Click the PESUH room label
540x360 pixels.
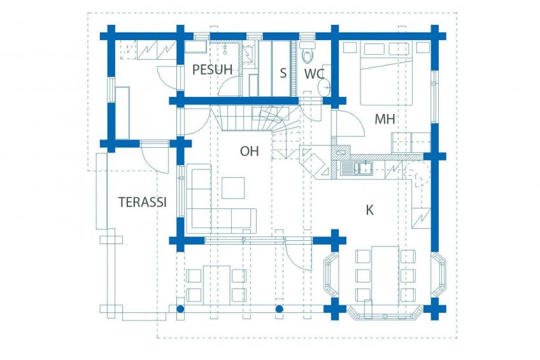coord(212,70)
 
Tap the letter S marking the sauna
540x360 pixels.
coord(283,73)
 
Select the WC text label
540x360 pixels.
coord(314,73)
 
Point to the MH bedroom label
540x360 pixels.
coord(385,119)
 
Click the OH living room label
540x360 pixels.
coord(249,151)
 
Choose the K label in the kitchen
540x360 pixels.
coord(369,210)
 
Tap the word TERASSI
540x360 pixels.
coord(143,202)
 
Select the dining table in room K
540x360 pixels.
coord(385,273)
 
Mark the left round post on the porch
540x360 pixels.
coord(180,309)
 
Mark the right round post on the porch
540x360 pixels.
coord(279,309)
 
